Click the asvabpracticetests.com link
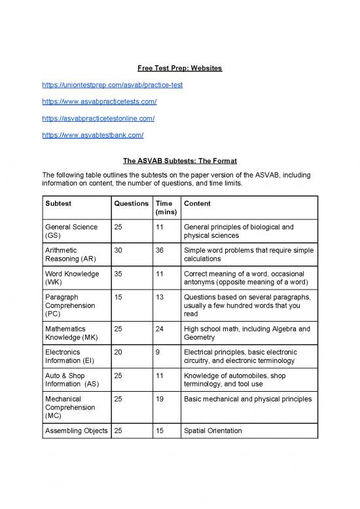click(99, 102)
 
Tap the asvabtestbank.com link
click(92, 135)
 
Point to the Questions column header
click(131, 204)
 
